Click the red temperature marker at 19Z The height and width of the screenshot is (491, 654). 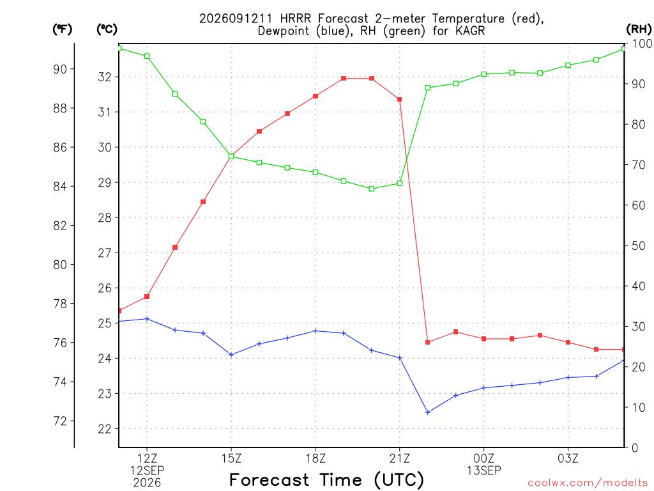click(343, 79)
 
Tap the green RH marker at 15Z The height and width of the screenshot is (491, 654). click(231, 156)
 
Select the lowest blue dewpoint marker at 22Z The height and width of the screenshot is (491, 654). click(427, 412)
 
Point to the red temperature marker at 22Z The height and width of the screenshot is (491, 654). click(427, 343)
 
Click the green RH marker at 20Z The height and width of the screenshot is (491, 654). click(372, 189)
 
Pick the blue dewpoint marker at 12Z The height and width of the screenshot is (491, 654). click(147, 319)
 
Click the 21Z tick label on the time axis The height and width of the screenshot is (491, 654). click(400, 459)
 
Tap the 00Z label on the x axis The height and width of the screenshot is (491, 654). click(484, 459)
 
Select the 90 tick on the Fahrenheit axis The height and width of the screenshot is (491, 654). click(60, 69)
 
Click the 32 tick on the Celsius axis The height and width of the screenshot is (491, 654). click(105, 77)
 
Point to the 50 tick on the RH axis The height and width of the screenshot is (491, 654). click(638, 246)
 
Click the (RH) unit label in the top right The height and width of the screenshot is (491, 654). click(639, 29)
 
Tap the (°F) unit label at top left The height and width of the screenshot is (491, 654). click(62, 29)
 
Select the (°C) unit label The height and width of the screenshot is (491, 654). click(107, 29)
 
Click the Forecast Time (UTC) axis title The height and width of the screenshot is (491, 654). click(326, 480)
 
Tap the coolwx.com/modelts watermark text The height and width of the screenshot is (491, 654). click(588, 483)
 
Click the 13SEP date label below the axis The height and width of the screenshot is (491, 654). click(484, 471)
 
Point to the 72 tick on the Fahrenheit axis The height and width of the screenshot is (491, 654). click(60, 421)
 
